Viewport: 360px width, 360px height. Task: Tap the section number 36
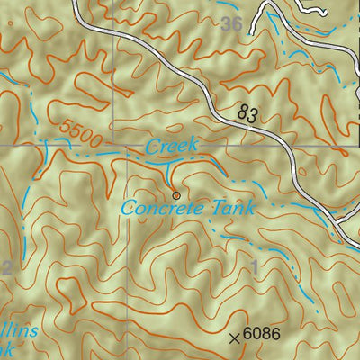coord(231,24)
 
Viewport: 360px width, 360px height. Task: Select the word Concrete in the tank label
coord(157,209)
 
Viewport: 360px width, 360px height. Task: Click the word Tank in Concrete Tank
coord(227,209)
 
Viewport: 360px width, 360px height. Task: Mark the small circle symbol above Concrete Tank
coord(175,193)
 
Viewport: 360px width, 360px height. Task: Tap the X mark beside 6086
coord(235,337)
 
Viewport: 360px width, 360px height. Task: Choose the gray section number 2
coord(6,266)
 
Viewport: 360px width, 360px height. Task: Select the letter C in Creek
coord(152,146)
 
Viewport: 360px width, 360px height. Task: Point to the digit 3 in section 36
coord(226,24)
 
